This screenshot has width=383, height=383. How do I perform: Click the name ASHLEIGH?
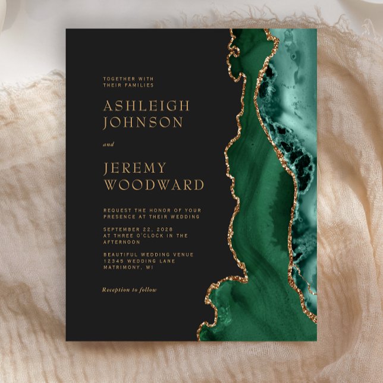coord(146,106)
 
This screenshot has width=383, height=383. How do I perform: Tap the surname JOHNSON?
coord(143,123)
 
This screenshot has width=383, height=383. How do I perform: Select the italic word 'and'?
coord(108,145)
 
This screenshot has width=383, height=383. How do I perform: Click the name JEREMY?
coord(135,168)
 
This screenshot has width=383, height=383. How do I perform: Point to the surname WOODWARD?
coord(153,184)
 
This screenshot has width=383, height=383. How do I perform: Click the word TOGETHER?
coord(117,79)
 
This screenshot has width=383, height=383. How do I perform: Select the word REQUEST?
coord(117,210)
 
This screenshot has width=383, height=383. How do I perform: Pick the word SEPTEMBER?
coord(121,229)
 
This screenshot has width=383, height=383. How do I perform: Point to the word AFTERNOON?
coord(121,242)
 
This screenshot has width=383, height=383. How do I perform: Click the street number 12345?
coord(114,261)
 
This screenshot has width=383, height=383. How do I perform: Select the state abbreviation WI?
coord(149,268)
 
